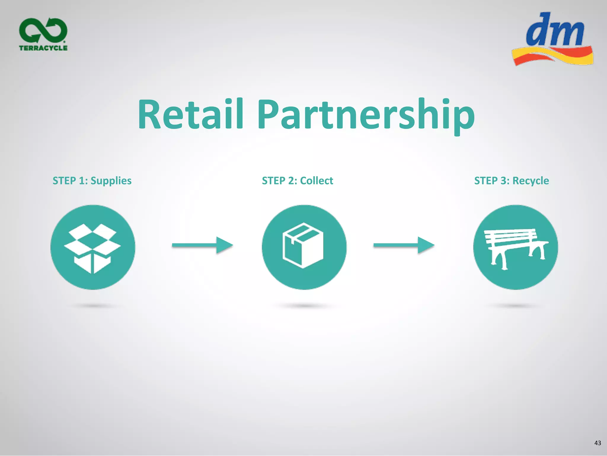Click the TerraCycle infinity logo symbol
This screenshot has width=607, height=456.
tap(43, 30)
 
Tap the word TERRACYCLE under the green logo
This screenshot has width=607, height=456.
tap(43, 48)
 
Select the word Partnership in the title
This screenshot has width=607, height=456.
tap(366, 116)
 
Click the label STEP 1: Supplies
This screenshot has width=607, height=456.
tap(92, 181)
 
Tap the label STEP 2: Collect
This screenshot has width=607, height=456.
tap(297, 181)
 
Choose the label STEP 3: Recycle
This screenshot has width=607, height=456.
tap(511, 181)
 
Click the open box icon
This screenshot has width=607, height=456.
tap(92, 247)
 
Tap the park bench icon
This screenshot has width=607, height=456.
tap(515, 247)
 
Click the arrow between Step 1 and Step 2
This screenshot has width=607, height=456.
tap(202, 245)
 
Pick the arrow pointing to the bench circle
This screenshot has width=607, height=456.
tap(404, 245)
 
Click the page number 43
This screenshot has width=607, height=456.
tap(598, 443)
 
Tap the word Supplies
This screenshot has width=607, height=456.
tap(111, 181)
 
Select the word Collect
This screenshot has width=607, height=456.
tap(316, 181)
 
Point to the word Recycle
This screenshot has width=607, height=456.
tap(531, 181)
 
